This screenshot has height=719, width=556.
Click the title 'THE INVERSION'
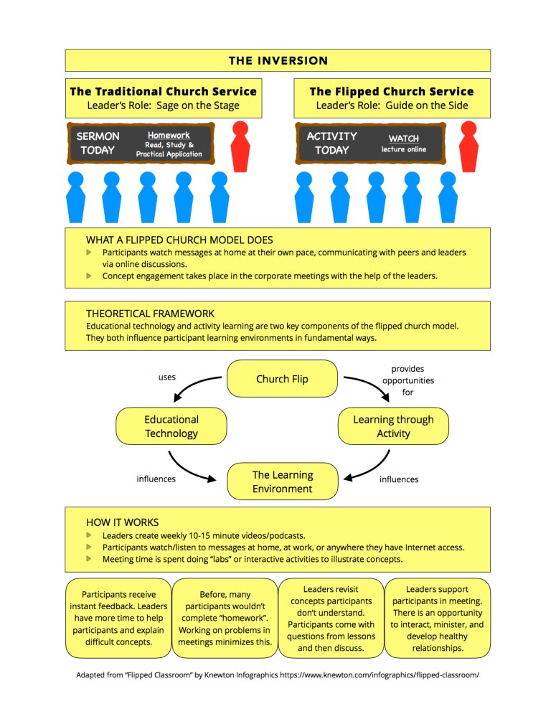278,60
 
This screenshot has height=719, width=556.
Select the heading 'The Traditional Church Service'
163,92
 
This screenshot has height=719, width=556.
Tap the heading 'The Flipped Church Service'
392,92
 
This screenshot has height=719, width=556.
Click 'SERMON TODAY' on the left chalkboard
99,143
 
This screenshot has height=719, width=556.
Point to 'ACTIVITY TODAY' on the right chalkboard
331,143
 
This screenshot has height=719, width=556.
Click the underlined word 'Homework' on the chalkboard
169,135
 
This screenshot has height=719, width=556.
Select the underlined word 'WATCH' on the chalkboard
403,138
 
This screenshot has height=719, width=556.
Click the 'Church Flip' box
282,379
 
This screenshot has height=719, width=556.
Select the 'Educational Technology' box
171,426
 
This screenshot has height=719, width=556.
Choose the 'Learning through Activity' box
393,426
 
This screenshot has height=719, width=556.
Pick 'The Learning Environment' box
282,481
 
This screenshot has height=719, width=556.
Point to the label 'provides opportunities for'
407,380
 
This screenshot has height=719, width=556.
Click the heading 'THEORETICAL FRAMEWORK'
150,314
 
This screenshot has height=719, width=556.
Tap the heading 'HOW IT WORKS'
122,522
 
